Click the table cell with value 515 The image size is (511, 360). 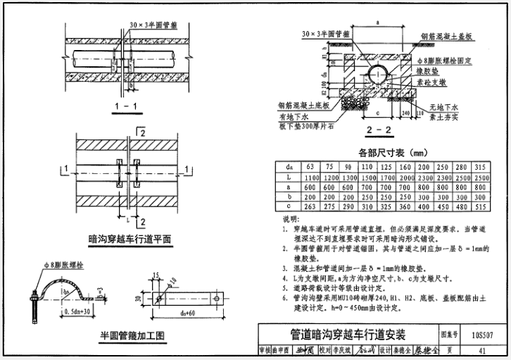tap(481, 208)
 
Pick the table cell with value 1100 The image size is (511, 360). tap(310, 178)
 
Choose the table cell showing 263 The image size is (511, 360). tap(310, 208)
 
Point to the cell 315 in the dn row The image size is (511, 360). tap(481, 168)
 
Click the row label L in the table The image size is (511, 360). tap(287, 178)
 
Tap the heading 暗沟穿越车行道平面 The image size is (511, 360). tap(130, 240)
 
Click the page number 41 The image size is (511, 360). tap(481, 350)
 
